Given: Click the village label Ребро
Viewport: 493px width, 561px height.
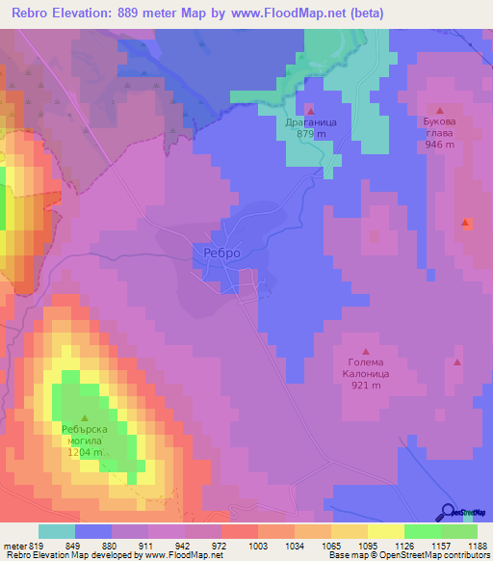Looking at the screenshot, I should [222, 253].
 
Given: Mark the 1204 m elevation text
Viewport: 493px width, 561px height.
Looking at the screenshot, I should [85, 451].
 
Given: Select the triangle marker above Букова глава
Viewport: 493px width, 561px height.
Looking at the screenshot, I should [440, 111].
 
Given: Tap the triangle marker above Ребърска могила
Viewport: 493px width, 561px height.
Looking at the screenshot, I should [84, 417].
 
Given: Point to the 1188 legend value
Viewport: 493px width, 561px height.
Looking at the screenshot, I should [476, 545].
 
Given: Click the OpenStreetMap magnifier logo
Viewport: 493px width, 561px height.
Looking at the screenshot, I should [449, 513].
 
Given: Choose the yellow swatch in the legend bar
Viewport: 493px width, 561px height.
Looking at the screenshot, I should [385, 531].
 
